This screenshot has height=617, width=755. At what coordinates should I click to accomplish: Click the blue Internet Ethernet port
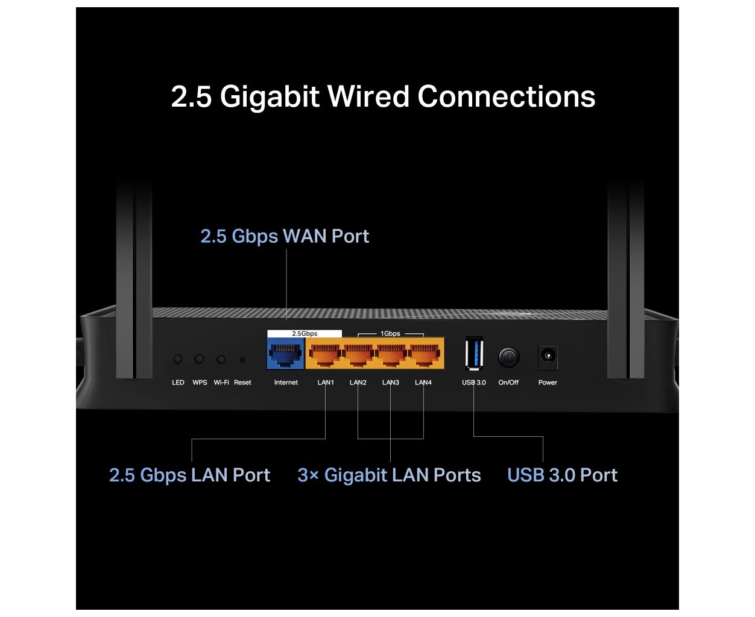click(286, 354)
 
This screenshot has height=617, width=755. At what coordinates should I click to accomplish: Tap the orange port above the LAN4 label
click(423, 354)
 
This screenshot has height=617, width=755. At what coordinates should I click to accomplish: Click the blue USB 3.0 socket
click(474, 354)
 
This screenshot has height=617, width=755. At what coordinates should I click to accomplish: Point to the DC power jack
click(548, 356)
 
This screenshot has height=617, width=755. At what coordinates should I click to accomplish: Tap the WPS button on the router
click(199, 359)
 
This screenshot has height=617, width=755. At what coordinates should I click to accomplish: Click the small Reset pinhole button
click(242, 360)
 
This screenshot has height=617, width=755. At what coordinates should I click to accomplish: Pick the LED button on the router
click(177, 359)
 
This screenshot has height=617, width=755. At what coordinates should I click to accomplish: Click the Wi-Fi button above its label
click(221, 359)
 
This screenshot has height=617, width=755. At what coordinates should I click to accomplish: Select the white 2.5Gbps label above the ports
click(305, 333)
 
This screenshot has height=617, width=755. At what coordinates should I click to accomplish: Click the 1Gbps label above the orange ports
click(390, 333)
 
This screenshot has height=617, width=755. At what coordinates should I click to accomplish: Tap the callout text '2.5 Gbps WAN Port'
click(285, 236)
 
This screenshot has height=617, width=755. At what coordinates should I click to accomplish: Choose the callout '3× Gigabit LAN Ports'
click(389, 475)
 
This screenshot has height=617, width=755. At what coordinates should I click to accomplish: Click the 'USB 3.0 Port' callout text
click(562, 475)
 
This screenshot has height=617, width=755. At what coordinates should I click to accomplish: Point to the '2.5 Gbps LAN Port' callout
click(189, 475)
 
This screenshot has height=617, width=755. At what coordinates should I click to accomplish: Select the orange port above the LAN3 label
click(391, 354)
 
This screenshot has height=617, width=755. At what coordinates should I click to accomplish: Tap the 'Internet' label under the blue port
click(286, 383)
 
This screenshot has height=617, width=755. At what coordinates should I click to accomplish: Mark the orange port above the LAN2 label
click(358, 354)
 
